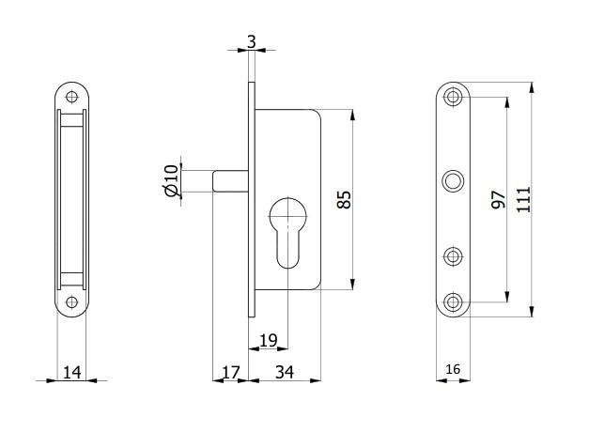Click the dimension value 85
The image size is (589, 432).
[x=343, y=199]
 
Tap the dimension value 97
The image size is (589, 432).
[x=498, y=198]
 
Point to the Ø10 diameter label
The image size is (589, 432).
[x=170, y=179]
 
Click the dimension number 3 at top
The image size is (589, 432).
[x=251, y=42]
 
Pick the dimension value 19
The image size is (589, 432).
[x=267, y=339]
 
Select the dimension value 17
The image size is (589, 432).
[x=231, y=373]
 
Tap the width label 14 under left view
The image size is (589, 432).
[x=71, y=373]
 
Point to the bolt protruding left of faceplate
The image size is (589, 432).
[x=230, y=179]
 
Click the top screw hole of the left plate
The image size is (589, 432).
[x=71, y=95]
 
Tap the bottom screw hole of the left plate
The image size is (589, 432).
[x=71, y=302]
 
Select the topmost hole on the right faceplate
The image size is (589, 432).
[x=455, y=97]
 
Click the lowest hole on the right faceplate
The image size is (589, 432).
[x=455, y=301]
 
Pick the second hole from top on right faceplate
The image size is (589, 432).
[x=455, y=180]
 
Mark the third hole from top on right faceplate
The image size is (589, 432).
[x=455, y=255]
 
